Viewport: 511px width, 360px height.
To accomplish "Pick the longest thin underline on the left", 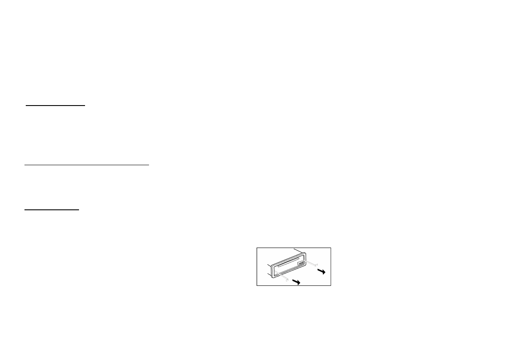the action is [x=86, y=164].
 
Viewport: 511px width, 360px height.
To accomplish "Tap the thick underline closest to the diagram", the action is [x=52, y=210].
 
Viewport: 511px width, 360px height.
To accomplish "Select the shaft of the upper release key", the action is [x=310, y=263].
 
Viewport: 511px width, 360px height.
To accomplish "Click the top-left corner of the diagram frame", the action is [x=257, y=248].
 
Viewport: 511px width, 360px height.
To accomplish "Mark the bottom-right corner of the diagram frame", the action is [x=331, y=285].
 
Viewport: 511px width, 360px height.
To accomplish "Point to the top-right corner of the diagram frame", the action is [x=331, y=248].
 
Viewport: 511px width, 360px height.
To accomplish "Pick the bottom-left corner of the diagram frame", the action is [x=257, y=285].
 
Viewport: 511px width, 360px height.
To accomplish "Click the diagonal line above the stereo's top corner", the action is [x=299, y=250].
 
